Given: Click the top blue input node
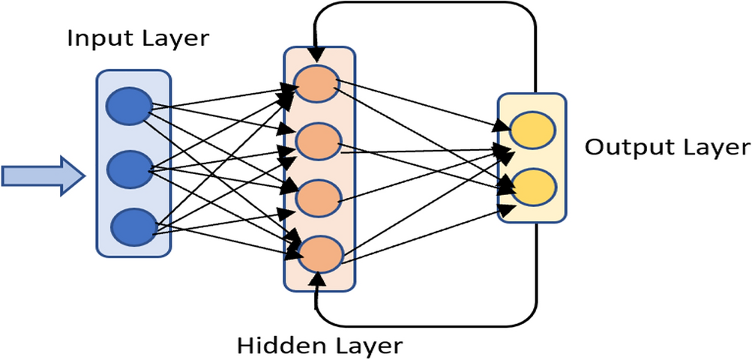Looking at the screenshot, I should coord(129,106).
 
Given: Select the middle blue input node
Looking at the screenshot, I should coord(129,169).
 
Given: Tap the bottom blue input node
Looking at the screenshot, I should coord(133,225).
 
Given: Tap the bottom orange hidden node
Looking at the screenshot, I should coord(320,253).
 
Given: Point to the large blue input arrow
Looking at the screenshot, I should coord(40,175).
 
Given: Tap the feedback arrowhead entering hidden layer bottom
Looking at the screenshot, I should coord(319,280).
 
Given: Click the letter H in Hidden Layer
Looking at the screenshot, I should coord(246,346).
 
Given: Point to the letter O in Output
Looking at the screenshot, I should coord(595,146).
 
